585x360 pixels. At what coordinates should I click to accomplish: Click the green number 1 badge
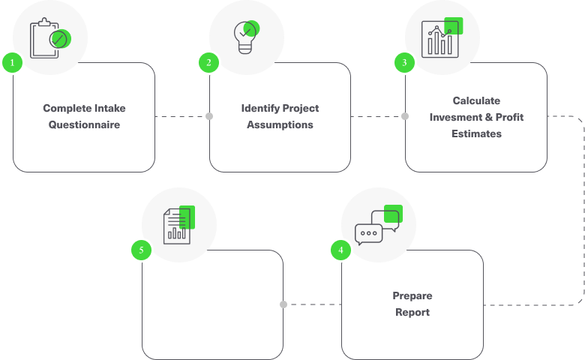pyautogui.click(x=12, y=63)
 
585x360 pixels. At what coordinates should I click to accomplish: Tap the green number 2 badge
pyautogui.click(x=209, y=63)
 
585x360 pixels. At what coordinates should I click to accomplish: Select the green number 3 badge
pyautogui.click(x=404, y=63)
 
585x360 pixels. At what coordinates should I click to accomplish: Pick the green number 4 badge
pyautogui.click(x=340, y=250)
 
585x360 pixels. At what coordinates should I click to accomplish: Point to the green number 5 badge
pyautogui.click(x=142, y=250)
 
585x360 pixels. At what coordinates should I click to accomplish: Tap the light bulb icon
pyautogui.click(x=246, y=37)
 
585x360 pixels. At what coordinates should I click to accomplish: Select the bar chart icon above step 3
pyautogui.click(x=442, y=37)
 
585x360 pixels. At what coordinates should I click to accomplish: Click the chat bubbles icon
pyautogui.click(x=378, y=225)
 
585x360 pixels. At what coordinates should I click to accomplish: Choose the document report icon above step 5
pyautogui.click(x=179, y=225)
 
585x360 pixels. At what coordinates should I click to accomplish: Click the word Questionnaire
pyautogui.click(x=84, y=124)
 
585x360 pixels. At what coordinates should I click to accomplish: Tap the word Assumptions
pyautogui.click(x=280, y=124)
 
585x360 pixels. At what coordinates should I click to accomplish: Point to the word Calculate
pyautogui.click(x=476, y=100)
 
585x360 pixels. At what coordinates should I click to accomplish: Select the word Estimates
pyautogui.click(x=476, y=133)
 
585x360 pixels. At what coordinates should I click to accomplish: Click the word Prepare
pyautogui.click(x=412, y=295)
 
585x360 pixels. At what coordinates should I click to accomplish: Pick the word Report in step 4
pyautogui.click(x=412, y=312)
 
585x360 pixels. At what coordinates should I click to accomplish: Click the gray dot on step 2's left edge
pyautogui.click(x=209, y=116)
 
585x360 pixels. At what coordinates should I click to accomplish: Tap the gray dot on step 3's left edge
pyautogui.click(x=405, y=116)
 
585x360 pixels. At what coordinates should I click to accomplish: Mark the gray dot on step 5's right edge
pyautogui.click(x=283, y=304)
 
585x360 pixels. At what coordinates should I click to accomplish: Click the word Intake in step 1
pyautogui.click(x=110, y=108)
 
